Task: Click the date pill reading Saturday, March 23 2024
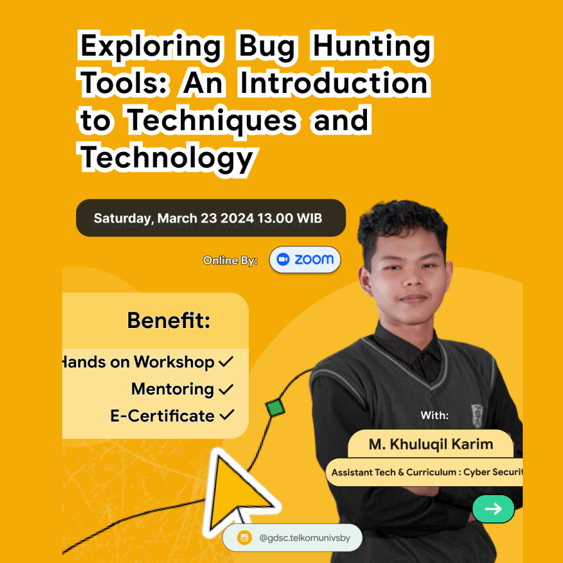(x=210, y=218)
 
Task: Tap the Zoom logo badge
(x=305, y=260)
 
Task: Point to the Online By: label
(x=230, y=261)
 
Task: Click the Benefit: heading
(x=168, y=320)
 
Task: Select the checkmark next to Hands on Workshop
(x=226, y=362)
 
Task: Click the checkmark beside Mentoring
(x=226, y=390)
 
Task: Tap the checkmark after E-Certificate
(x=226, y=415)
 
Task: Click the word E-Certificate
(x=162, y=416)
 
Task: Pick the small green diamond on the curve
(x=275, y=407)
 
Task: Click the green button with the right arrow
(x=493, y=509)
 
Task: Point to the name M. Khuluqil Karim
(x=430, y=445)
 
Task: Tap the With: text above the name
(x=435, y=415)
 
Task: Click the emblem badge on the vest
(x=477, y=413)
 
